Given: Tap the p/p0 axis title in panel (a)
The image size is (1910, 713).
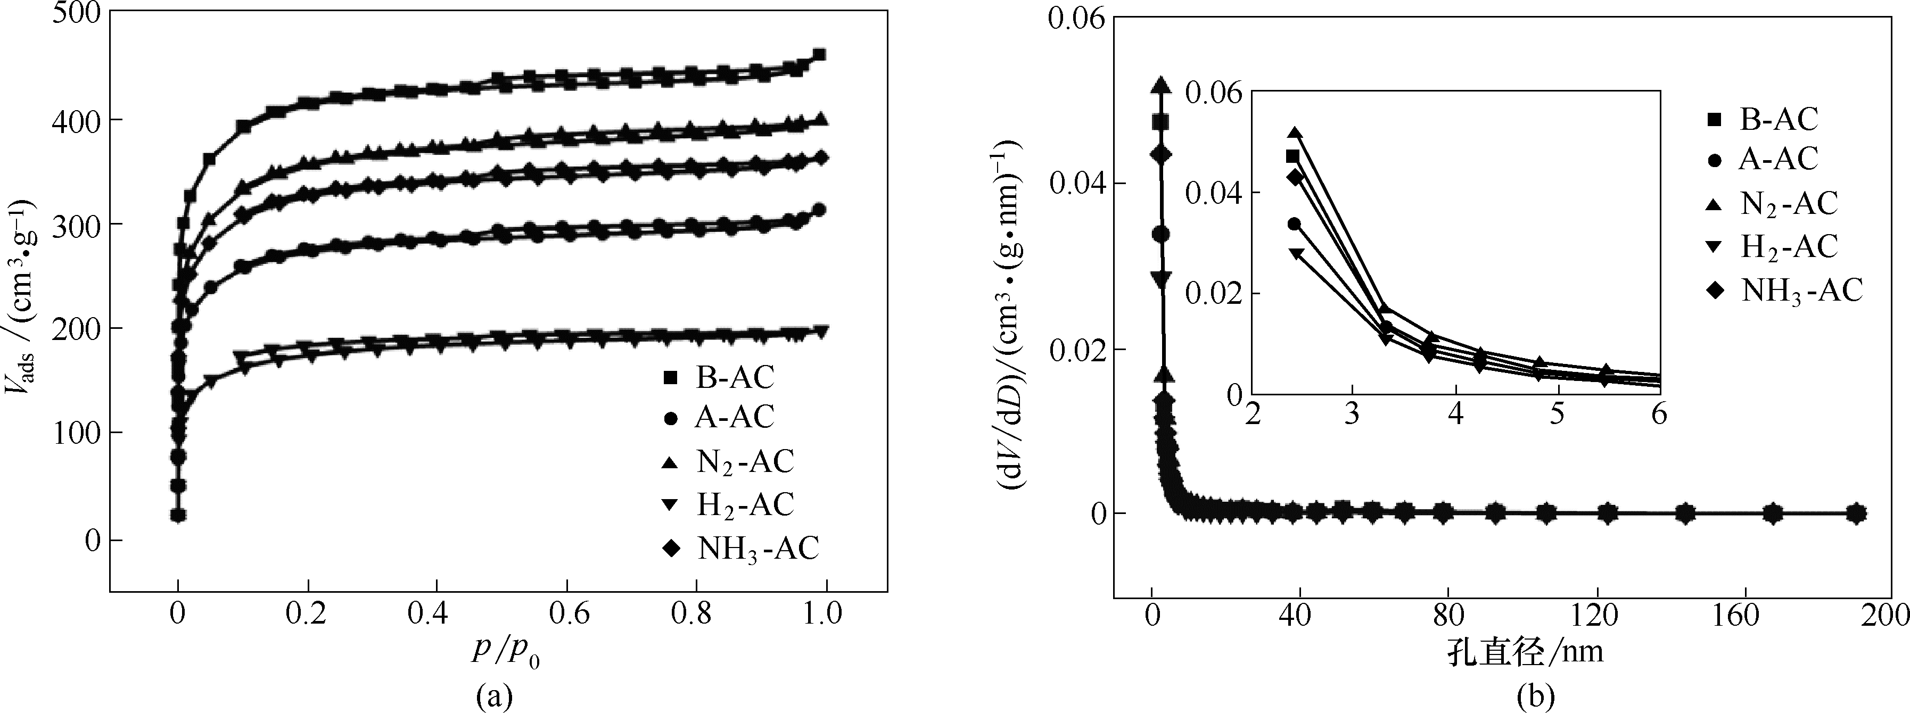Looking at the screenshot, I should [x=505, y=652].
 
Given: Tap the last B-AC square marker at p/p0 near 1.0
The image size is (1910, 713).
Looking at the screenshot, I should [x=819, y=55].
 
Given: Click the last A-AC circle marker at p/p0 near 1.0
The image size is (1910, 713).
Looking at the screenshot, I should [x=819, y=210].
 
